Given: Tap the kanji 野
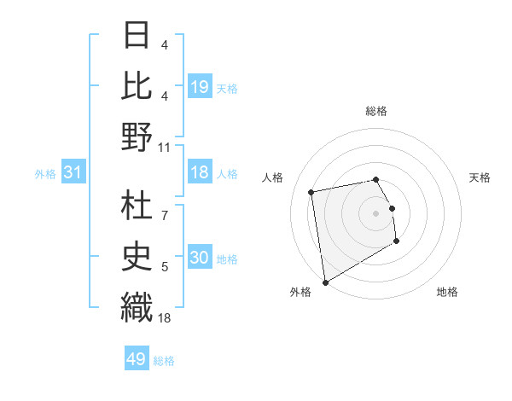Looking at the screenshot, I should (137, 137).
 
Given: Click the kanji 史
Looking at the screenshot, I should (137, 253).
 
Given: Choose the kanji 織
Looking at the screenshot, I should (137, 305).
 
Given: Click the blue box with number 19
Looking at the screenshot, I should (200, 86).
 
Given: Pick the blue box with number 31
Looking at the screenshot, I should (73, 173).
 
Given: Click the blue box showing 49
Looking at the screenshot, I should (137, 359).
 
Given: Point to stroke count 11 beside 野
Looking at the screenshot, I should (165, 147).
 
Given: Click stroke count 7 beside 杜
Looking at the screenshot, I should (165, 206).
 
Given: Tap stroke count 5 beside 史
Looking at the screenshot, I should (165, 267).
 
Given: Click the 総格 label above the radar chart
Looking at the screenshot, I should (376, 111).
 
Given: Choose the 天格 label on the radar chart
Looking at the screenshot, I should (480, 177).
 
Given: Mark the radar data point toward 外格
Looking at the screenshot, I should (324, 282).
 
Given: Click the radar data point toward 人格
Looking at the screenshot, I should (311, 191).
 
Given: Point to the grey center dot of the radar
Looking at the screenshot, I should (376, 212).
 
